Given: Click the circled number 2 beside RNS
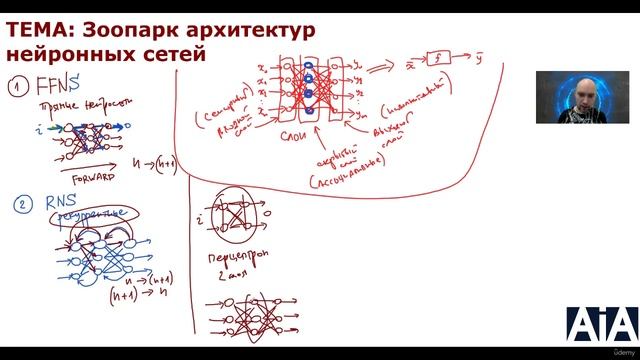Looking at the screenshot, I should point(19,205).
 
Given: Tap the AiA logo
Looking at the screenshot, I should point(602,326).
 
